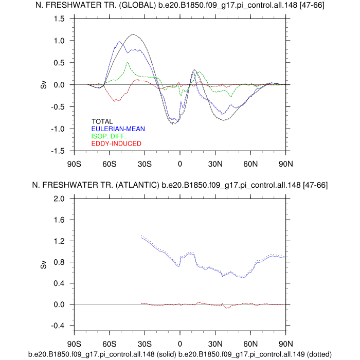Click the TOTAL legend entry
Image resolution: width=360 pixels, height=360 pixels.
click(102, 122)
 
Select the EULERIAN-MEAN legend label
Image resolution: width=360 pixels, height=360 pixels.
click(118, 129)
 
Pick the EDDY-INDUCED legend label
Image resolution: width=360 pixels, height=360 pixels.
click(116, 143)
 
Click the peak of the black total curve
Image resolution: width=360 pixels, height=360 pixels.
click(133, 34)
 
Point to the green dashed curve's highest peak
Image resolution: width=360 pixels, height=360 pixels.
click(128, 63)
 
